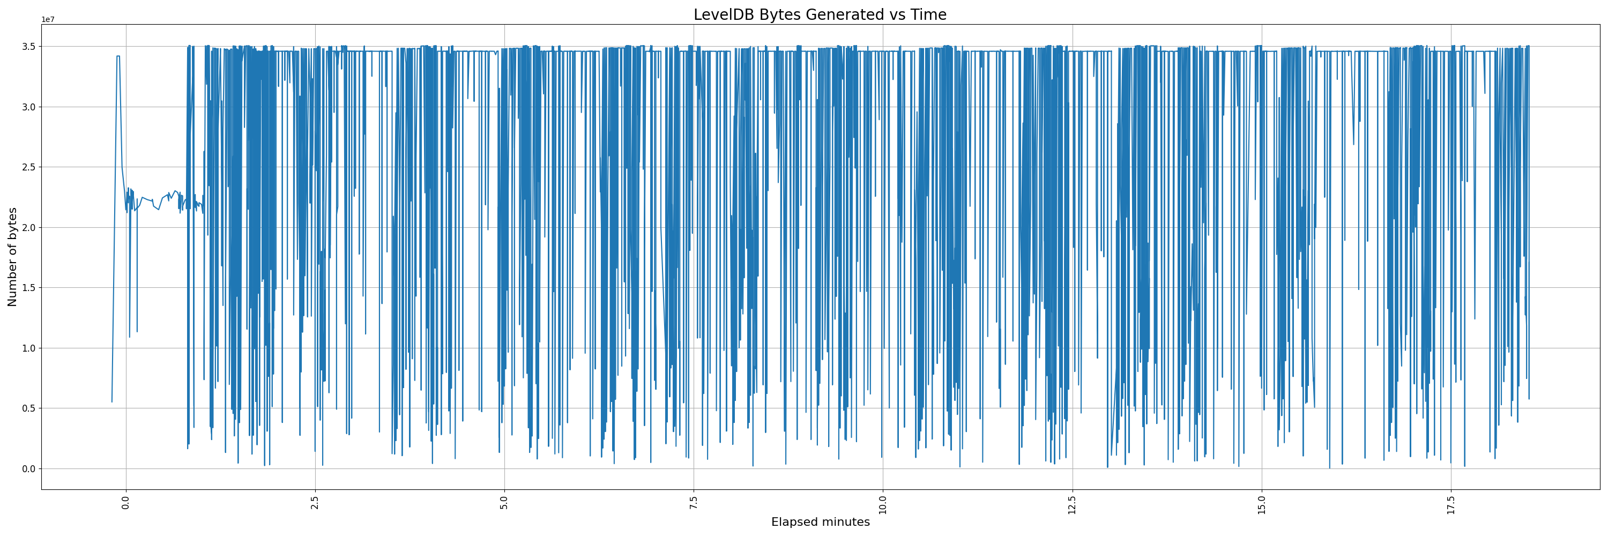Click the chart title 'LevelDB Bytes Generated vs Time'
[x=820, y=14]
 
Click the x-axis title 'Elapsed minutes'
[x=820, y=522]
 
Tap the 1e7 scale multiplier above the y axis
[x=48, y=19]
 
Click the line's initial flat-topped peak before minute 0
[x=118, y=56]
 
